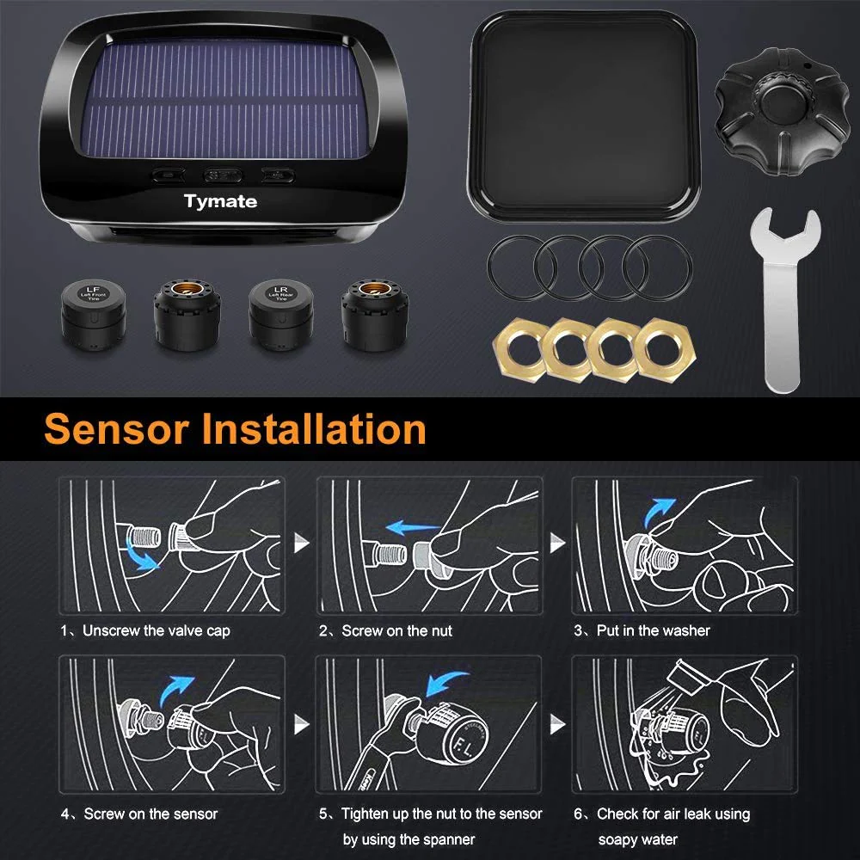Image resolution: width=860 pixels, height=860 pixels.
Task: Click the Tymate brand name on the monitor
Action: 220,202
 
